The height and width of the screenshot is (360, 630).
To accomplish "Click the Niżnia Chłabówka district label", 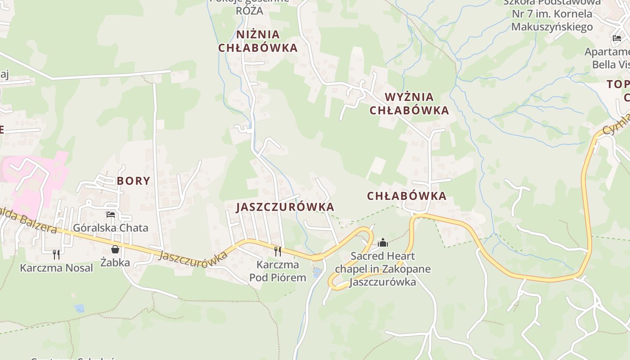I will [258, 41].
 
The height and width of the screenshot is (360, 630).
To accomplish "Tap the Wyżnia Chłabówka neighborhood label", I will [409, 103].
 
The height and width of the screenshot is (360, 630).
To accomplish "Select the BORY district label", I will [133, 181].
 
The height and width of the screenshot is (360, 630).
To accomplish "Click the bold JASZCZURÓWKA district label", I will [285, 207].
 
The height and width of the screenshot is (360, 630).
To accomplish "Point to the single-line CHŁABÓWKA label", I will [406, 196].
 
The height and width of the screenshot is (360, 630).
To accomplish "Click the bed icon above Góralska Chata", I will [110, 215].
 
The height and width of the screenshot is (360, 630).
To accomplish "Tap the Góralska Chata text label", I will [111, 228].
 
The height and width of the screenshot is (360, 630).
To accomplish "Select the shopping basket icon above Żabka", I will [115, 249].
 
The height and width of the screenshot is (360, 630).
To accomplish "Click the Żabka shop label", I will [115, 262].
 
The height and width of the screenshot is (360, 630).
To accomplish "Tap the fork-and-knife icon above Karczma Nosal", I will [56, 255].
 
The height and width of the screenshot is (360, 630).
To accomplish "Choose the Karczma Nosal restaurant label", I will [56, 268].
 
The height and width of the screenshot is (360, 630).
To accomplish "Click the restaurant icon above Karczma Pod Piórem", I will [278, 251].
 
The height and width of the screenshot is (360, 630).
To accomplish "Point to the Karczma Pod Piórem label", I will [278, 271].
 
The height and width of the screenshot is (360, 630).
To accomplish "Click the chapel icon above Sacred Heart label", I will [383, 243].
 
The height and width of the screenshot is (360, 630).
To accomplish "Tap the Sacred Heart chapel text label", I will [382, 269].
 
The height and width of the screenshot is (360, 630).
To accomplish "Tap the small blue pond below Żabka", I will [80, 308].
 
